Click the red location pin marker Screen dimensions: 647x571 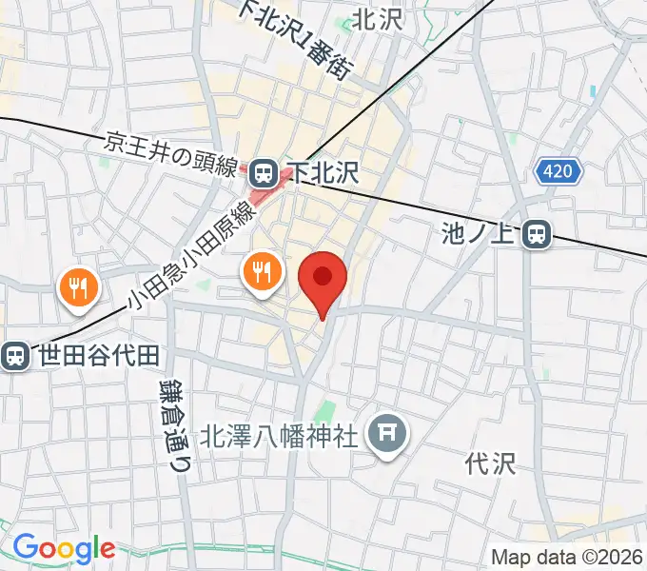tap(323, 278)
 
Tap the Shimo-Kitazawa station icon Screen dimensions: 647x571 tap(264, 172)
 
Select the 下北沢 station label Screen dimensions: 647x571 tap(323, 172)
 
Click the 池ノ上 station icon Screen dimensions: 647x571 tap(539, 233)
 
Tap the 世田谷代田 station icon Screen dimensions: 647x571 tap(15, 356)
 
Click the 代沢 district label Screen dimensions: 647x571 tap(490, 463)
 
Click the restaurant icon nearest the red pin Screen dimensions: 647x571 tap(261, 273)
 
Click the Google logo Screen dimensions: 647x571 tap(64, 547)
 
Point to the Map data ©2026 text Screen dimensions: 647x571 tap(567, 557)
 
